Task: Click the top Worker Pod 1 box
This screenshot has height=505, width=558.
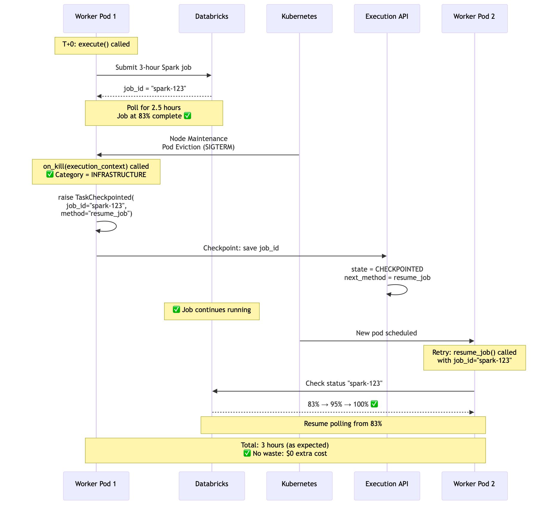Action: point(96,18)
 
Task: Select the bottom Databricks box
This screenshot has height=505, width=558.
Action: point(212,486)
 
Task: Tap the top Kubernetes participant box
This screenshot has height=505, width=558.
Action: point(299,18)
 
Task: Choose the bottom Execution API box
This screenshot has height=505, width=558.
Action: point(387,486)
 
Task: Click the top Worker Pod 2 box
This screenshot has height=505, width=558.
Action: point(474,18)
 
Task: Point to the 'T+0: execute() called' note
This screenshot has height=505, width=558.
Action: point(96,46)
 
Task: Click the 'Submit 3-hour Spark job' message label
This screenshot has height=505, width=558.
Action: point(153,67)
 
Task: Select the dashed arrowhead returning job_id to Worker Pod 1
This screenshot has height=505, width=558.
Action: point(99,96)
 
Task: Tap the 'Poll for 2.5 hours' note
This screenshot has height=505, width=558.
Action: point(154,113)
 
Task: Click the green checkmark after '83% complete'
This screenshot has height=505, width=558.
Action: point(187,116)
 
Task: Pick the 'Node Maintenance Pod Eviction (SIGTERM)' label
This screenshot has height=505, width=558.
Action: point(198,143)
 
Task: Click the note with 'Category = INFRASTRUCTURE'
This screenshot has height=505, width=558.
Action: point(96,172)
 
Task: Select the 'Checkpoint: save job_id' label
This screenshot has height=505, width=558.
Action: point(241,248)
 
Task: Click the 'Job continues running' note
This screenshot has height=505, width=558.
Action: point(212,312)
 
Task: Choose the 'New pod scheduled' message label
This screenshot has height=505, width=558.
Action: point(386,333)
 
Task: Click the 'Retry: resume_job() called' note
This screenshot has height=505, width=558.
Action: point(474,358)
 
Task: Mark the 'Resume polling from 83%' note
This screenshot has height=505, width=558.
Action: point(343,425)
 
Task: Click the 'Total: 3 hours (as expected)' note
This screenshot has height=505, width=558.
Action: point(285,450)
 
